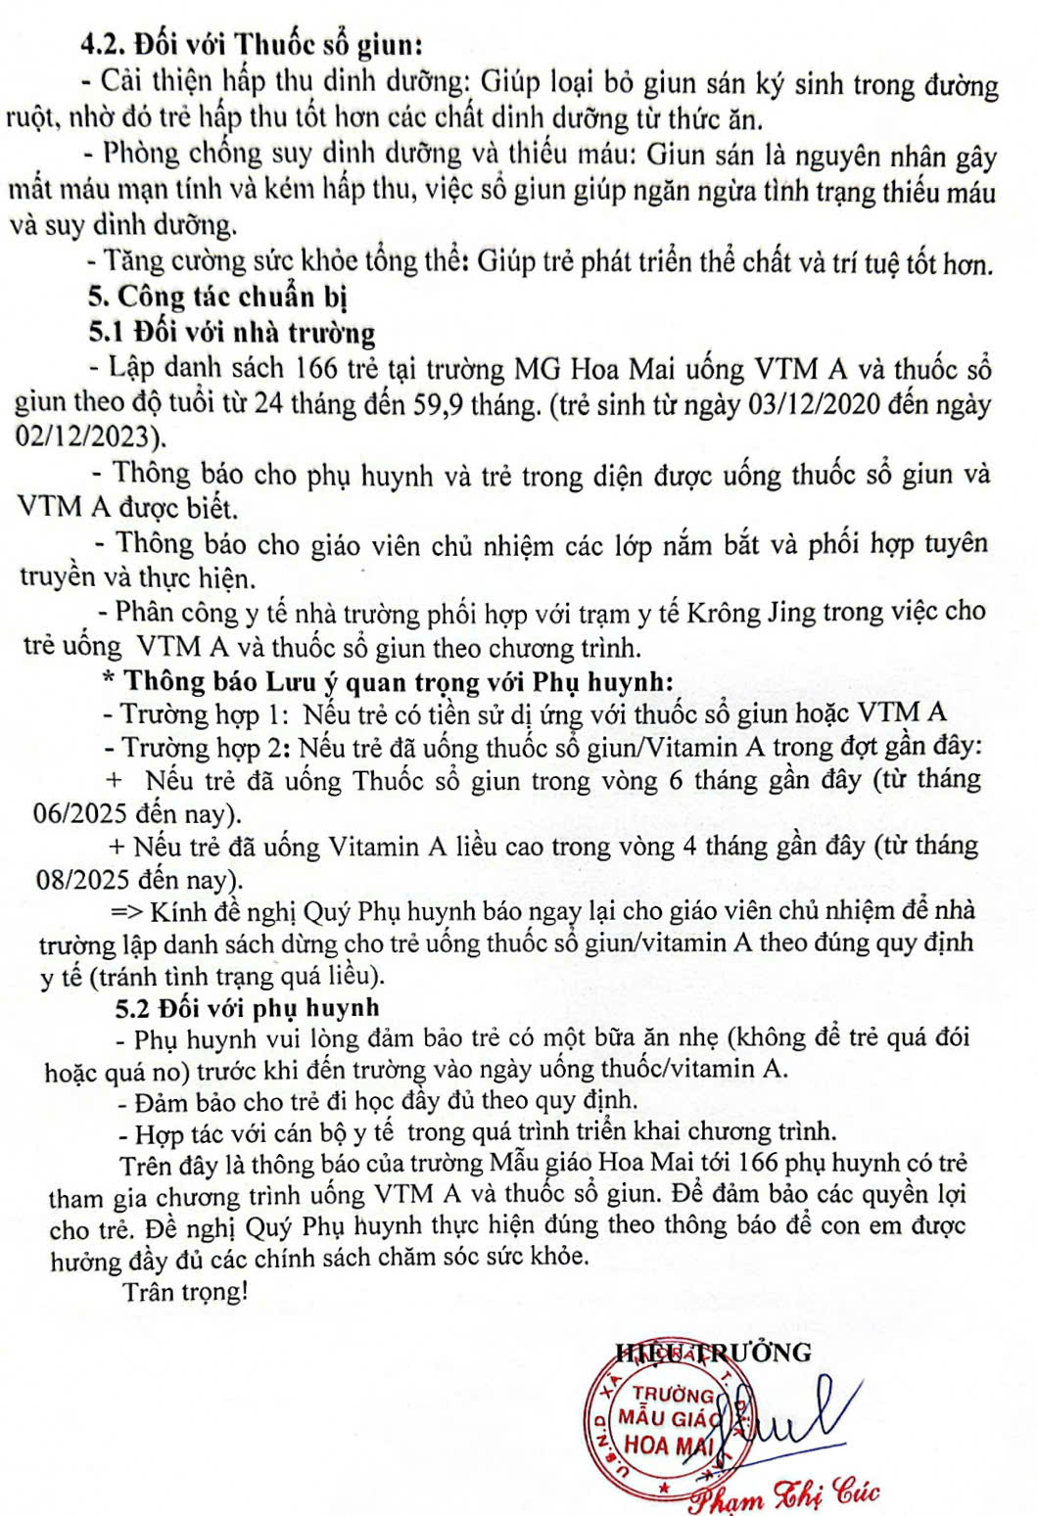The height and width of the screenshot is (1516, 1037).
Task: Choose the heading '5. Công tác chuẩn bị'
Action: [x=216, y=297]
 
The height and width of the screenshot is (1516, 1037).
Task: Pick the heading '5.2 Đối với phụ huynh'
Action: [x=247, y=1007]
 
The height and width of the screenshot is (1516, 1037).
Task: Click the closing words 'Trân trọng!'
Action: [x=185, y=1292]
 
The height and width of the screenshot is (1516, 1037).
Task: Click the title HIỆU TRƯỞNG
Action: [x=714, y=1353]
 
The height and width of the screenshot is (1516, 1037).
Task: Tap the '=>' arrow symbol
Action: [x=127, y=912]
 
